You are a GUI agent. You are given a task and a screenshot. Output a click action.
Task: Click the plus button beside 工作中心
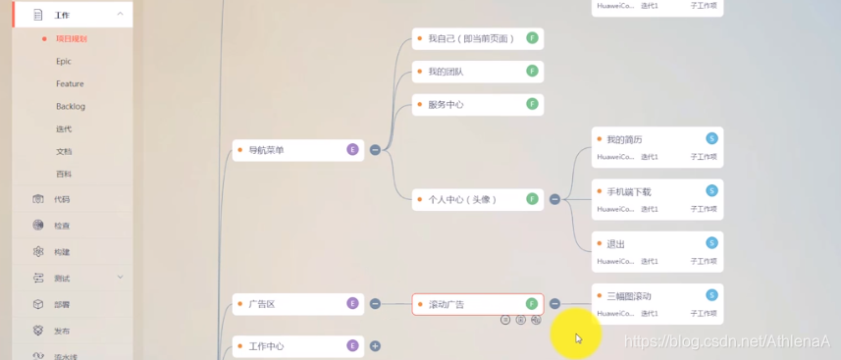pos(375,346)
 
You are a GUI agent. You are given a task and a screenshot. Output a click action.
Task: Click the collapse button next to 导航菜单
pos(375,150)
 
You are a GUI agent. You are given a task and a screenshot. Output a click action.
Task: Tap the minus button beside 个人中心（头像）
pos(554,199)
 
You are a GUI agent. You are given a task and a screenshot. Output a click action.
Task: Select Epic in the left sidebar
pos(64,61)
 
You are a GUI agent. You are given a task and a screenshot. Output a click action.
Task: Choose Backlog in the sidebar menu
pos(71,106)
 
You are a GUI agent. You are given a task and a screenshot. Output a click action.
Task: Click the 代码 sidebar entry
pos(62,199)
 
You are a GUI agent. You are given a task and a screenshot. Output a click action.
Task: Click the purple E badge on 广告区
pos(352,303)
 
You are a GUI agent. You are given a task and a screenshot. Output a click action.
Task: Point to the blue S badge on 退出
pos(712,242)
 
